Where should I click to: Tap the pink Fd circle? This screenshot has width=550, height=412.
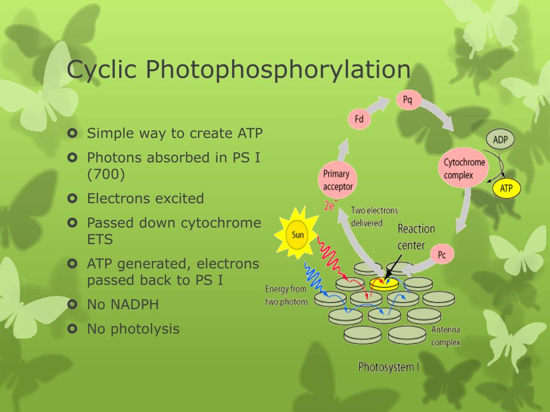point(359,119)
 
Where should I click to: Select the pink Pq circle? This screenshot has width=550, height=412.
point(407,100)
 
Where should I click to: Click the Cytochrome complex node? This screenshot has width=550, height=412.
point(464,168)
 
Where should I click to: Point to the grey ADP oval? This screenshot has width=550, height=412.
point(500,139)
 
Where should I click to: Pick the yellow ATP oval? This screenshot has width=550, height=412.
point(506,188)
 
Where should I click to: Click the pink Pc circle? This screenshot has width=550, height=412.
point(442,254)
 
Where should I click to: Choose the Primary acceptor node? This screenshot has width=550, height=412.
point(337,180)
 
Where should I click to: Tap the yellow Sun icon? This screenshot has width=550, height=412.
point(296,234)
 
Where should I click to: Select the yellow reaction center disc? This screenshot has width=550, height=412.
point(384,284)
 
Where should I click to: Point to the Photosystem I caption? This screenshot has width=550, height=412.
point(389,367)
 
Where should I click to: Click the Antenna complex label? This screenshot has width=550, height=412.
point(445,336)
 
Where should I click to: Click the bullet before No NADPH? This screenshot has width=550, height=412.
point(73,305)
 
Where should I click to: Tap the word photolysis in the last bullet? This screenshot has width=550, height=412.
point(145,329)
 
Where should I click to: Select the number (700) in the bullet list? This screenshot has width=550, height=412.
point(106,174)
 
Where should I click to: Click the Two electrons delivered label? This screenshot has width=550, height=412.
point(374,217)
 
